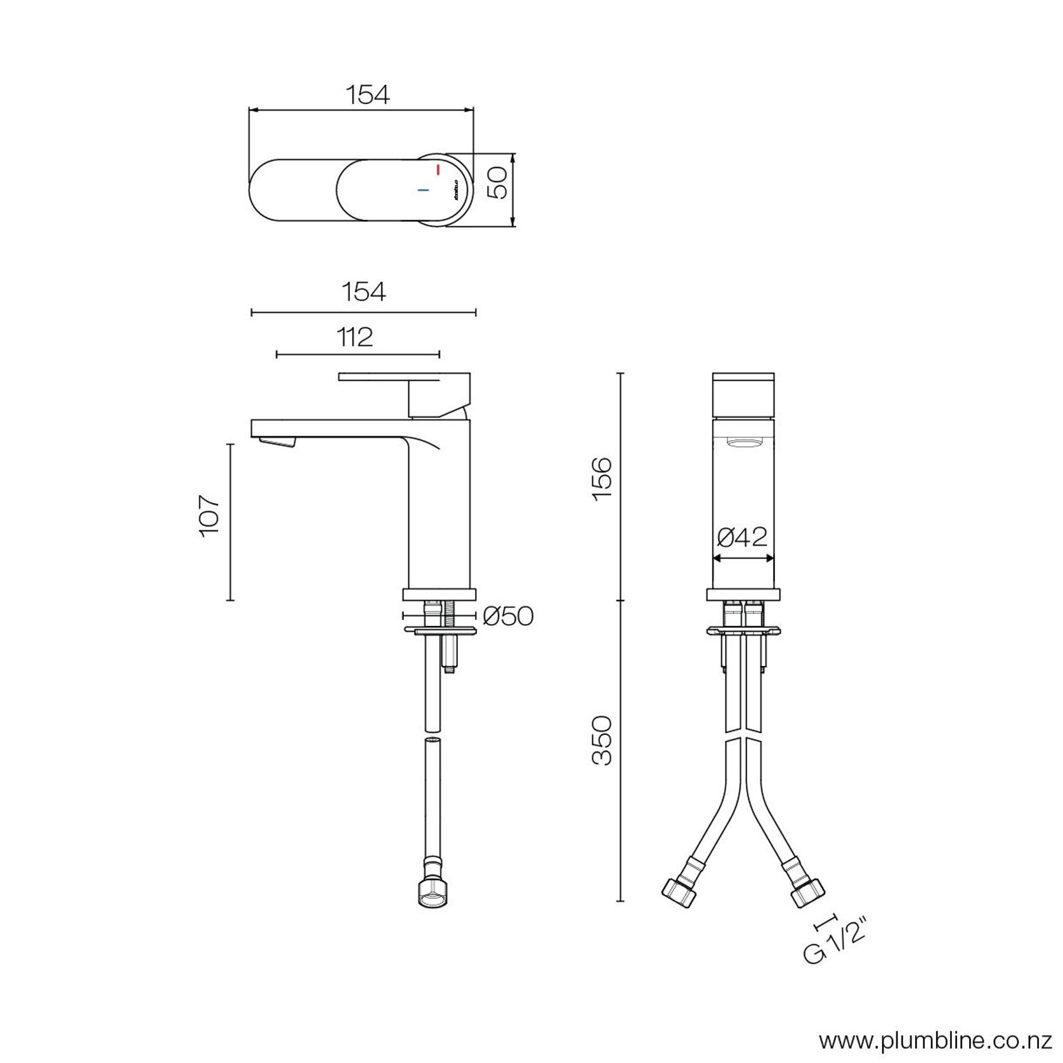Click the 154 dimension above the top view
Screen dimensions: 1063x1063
(x=367, y=95)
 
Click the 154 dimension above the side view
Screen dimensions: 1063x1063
(x=363, y=292)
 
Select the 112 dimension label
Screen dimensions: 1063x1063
(x=355, y=337)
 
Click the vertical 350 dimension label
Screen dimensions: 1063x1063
(x=602, y=740)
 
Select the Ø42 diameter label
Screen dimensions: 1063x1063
(x=742, y=537)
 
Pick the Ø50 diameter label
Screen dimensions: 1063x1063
(x=507, y=615)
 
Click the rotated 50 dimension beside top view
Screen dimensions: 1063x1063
(x=500, y=183)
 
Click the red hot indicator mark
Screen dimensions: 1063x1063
(x=438, y=169)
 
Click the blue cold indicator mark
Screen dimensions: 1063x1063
(x=423, y=190)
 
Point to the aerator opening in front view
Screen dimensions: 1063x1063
(x=743, y=443)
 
